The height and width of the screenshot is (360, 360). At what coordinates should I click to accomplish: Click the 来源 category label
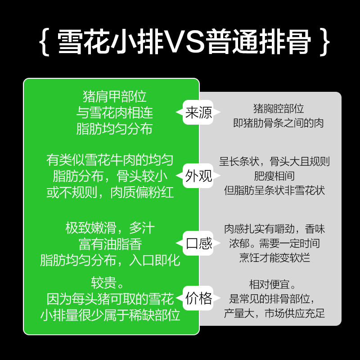tap(198, 112)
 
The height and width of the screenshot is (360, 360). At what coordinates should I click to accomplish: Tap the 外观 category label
tap(198, 176)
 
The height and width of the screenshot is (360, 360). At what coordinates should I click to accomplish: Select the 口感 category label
tap(198, 243)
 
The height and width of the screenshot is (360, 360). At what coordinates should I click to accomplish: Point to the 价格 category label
tap(198, 298)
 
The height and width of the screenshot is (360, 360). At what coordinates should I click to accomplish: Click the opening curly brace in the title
tap(45, 42)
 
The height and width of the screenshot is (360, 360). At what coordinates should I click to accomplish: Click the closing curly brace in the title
tap(324, 42)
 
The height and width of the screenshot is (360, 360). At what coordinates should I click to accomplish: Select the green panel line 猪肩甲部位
tap(115, 96)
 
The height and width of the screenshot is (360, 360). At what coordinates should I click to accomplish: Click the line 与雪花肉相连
tap(115, 112)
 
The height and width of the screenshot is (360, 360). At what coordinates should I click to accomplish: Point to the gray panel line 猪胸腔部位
tap(279, 108)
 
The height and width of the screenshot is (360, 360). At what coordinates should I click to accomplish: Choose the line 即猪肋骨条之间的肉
tap(279, 123)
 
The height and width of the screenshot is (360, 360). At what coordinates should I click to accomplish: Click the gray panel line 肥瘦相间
tap(274, 176)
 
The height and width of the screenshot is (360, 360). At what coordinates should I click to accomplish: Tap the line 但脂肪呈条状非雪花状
tap(274, 190)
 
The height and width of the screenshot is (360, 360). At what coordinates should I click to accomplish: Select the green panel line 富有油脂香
tap(110, 244)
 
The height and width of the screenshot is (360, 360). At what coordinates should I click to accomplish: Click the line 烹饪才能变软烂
tap(274, 257)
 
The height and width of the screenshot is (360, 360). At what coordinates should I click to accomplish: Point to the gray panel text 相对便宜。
tap(272, 285)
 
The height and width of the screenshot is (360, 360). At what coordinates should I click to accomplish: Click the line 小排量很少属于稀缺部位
tap(110, 315)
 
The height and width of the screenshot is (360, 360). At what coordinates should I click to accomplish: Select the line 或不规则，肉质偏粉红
tap(110, 193)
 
